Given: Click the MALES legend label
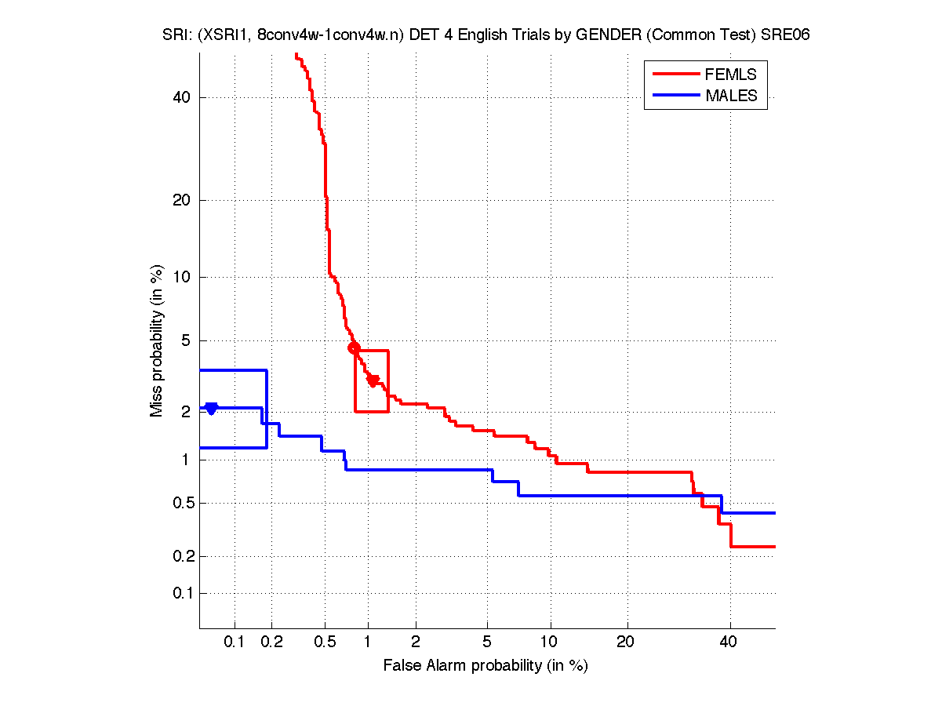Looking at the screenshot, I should pyautogui.click(x=732, y=96).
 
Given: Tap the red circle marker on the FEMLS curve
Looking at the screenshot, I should pyautogui.click(x=354, y=348).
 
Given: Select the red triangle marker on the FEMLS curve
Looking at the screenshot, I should pyautogui.click(x=373, y=380).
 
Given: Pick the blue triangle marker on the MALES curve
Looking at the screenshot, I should pyautogui.click(x=211, y=408).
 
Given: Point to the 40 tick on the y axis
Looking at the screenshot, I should pyautogui.click(x=183, y=97).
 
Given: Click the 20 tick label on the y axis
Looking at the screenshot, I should pyautogui.click(x=183, y=200).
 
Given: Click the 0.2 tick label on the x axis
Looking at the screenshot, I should pyautogui.click(x=272, y=642).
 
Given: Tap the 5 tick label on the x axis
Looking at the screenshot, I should pyautogui.click(x=488, y=642).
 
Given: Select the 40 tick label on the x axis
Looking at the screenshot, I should pyautogui.click(x=729, y=642).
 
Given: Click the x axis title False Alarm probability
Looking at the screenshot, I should pyautogui.click(x=486, y=666).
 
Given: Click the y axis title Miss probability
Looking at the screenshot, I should pyautogui.click(x=158, y=341).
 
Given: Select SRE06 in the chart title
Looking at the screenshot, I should pyautogui.click(x=785, y=35).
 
